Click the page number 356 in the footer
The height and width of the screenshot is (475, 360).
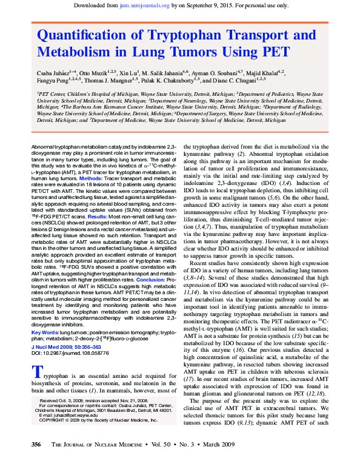click(36, 462)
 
